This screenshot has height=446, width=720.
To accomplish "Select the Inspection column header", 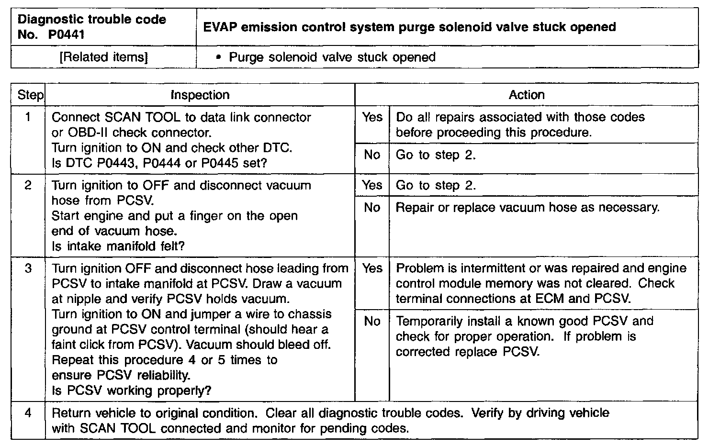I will point(200,95).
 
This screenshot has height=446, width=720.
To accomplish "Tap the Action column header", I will point(527,95).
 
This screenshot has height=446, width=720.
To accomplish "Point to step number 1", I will point(28,117).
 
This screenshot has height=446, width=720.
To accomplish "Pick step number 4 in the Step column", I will point(28,413).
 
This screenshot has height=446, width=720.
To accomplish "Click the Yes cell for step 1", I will point(372,117).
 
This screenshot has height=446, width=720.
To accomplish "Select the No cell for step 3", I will point(372,321).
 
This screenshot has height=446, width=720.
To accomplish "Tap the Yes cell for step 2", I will point(372,185).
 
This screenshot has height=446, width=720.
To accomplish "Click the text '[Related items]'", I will point(103,57).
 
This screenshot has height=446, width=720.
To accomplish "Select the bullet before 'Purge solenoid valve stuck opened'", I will point(219,57).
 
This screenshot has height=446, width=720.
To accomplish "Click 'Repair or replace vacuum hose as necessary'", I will point(528,208).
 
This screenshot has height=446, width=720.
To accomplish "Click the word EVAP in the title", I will point(220,27).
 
